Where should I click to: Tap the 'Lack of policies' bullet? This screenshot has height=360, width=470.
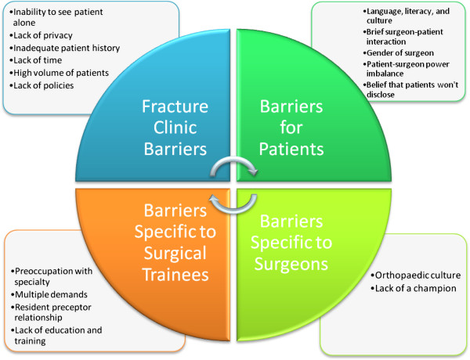pos(42,85)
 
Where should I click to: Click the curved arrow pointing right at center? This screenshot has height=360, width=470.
pos(235,165)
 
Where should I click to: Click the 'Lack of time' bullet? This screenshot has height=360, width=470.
pos(37,61)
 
